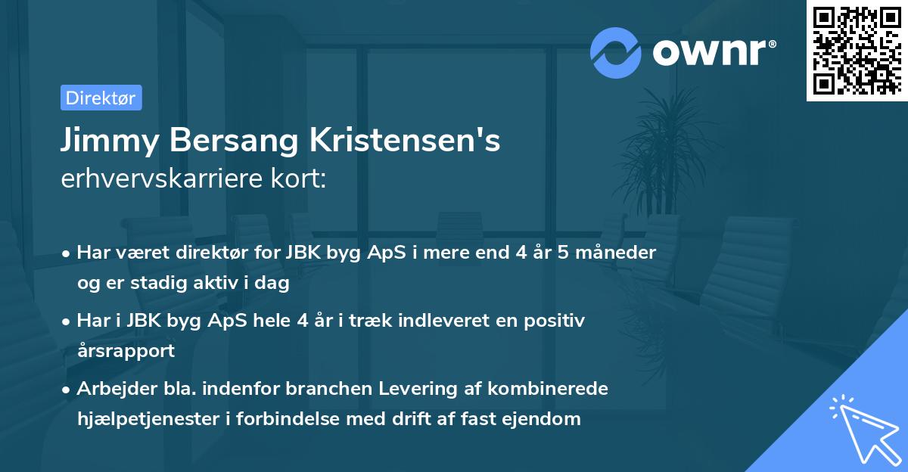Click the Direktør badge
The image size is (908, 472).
click(101, 98)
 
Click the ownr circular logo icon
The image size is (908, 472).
click(616, 51)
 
